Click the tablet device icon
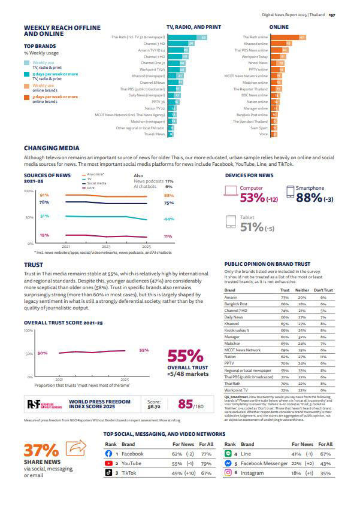[x=231, y=222]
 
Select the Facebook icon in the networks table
[x=108, y=454]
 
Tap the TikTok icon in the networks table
[x=108, y=472]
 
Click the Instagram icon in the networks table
[x=228, y=472]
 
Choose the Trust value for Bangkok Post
[x=285, y=304]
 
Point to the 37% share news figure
[x=41, y=450]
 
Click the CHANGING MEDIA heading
[x=51, y=148]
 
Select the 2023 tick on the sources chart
[x=106, y=246]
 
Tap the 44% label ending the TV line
[x=168, y=219]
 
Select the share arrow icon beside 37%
[x=75, y=448]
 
